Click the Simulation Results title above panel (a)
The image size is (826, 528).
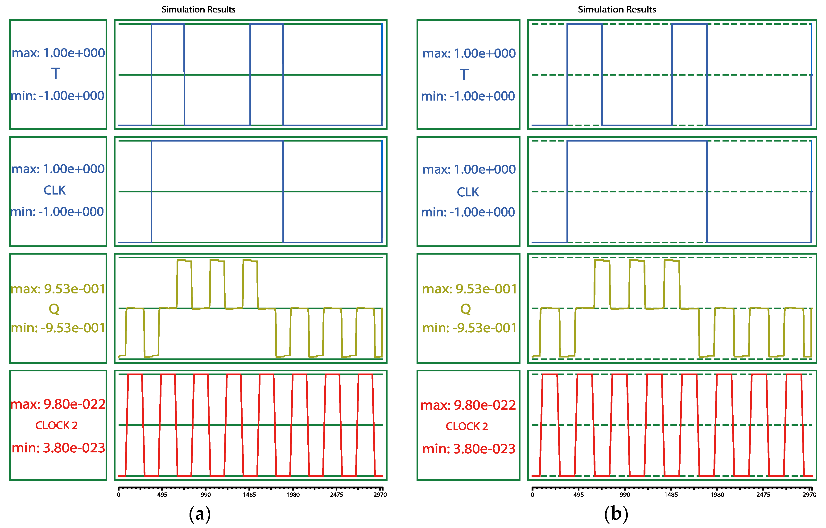[x=198, y=10]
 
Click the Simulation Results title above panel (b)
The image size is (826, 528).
[x=617, y=10]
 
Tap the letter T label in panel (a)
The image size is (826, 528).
[x=56, y=74]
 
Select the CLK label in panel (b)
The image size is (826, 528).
[x=468, y=192]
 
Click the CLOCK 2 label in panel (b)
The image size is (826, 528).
[x=467, y=426]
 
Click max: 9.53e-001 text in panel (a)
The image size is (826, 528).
[x=58, y=289]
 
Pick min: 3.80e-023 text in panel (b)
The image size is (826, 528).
[x=468, y=449]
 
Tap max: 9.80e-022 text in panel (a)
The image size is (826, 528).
[x=58, y=404]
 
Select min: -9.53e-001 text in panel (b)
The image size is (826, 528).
[x=469, y=328]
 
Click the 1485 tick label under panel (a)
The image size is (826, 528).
[x=249, y=495]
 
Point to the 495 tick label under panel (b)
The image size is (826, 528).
[x=578, y=495]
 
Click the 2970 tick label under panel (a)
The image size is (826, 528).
[x=380, y=495]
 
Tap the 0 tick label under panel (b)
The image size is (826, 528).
[x=532, y=495]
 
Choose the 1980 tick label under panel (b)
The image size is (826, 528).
[x=717, y=495]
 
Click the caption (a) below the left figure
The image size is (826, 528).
[x=200, y=514]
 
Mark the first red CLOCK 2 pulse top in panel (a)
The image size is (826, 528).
[x=135, y=374]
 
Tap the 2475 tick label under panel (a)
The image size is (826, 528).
[x=337, y=495]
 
